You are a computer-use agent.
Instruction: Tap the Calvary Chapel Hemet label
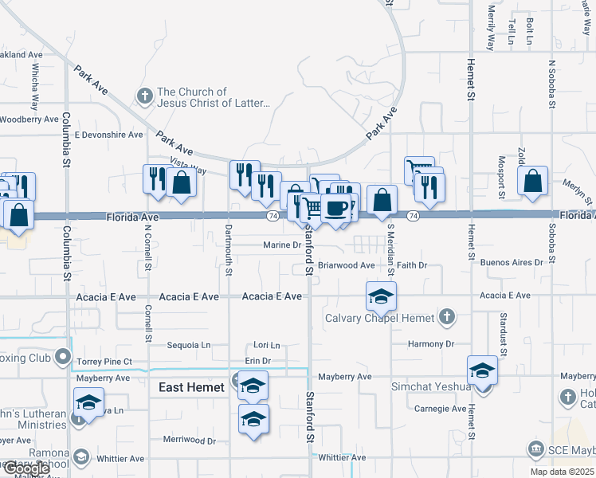click(380, 318)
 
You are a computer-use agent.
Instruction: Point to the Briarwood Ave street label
click(346, 265)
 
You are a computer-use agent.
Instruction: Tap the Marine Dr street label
click(282, 245)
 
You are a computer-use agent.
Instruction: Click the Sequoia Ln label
click(189, 345)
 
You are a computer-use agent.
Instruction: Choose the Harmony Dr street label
click(430, 344)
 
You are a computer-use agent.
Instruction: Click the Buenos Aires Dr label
click(512, 262)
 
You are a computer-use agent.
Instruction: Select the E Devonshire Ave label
click(108, 135)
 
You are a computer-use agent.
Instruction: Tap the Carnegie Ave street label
click(440, 409)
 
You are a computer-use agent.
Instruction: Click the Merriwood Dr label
click(190, 440)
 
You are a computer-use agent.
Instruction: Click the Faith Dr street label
click(412, 265)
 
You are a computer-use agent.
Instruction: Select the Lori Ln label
click(267, 345)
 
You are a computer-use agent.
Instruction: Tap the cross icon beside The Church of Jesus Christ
click(144, 97)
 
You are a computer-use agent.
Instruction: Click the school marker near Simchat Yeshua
click(482, 370)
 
